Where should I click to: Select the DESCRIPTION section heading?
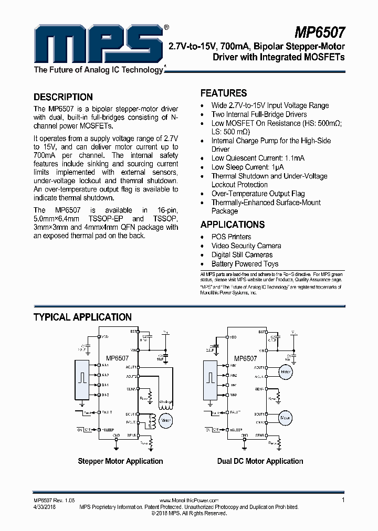63,97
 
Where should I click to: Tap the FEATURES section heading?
224,93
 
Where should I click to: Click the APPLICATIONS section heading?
233,225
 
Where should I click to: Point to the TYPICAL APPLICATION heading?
82,317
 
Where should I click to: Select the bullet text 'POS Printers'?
231,237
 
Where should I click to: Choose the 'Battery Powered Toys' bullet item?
245,264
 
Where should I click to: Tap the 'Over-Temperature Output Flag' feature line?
258,194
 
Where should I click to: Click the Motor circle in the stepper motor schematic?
166,420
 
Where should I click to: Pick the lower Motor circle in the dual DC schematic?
285,418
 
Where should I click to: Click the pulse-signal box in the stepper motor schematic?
82,379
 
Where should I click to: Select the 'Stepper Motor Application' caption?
120,461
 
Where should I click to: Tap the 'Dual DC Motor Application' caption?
260,461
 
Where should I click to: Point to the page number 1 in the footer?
343,500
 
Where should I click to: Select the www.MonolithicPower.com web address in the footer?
188,501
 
